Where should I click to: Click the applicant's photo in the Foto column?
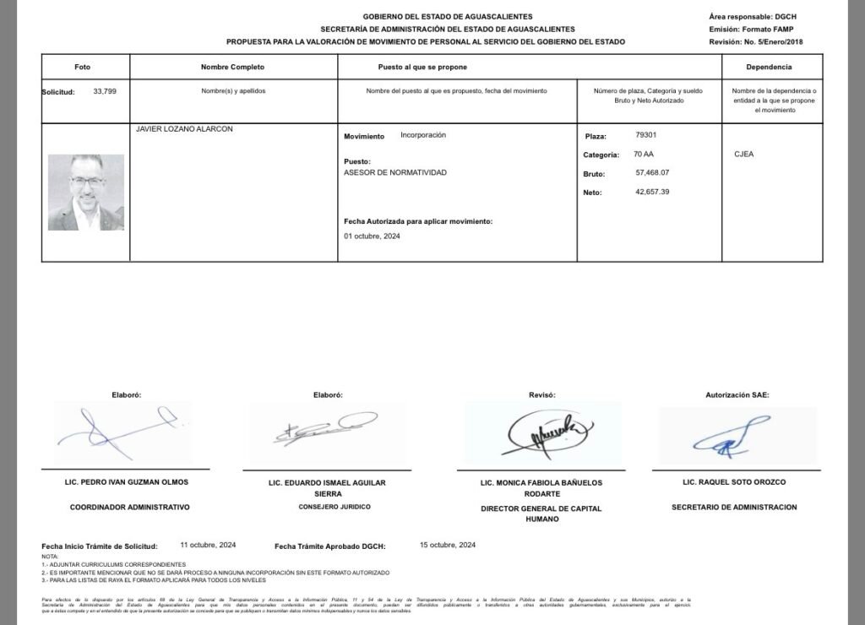pyautogui.click(x=85, y=192)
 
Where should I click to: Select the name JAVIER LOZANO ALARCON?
pyautogui.click(x=184, y=129)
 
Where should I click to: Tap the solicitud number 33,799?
pyautogui.click(x=105, y=90)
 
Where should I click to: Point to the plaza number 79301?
pyautogui.click(x=645, y=135)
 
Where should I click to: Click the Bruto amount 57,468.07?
pyautogui.click(x=652, y=173)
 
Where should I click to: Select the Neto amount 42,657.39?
pyautogui.click(x=652, y=192)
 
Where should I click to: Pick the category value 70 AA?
pyautogui.click(x=643, y=155)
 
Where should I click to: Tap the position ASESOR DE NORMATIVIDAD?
pyautogui.click(x=395, y=172)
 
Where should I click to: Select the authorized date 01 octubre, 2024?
pyautogui.click(x=373, y=236)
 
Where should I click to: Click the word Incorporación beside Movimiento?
pyautogui.click(x=423, y=135)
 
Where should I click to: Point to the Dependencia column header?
pyautogui.click(x=769, y=67)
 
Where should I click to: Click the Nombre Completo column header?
pyautogui.click(x=232, y=67)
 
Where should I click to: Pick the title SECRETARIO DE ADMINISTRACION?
pyautogui.click(x=734, y=508)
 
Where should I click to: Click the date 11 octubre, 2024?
pyautogui.click(x=209, y=546)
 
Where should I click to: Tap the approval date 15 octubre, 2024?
pyautogui.click(x=448, y=546)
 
